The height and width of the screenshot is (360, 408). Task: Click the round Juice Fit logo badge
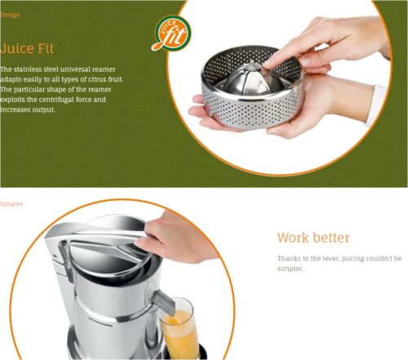[172, 33]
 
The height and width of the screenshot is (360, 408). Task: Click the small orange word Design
[10, 15]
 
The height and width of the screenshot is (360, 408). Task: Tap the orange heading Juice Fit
[27, 48]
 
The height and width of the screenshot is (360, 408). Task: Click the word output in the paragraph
[43, 110]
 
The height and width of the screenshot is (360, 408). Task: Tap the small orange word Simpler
[11, 204]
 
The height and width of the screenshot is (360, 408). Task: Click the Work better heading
[313, 238]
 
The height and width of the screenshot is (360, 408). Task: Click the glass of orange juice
[178, 329]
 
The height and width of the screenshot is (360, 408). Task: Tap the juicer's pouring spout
[164, 301]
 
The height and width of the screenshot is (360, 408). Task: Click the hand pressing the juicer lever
[176, 239]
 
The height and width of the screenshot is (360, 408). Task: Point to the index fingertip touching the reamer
[268, 64]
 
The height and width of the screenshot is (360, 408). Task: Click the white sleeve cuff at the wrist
[378, 105]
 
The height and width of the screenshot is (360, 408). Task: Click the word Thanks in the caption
[287, 258]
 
